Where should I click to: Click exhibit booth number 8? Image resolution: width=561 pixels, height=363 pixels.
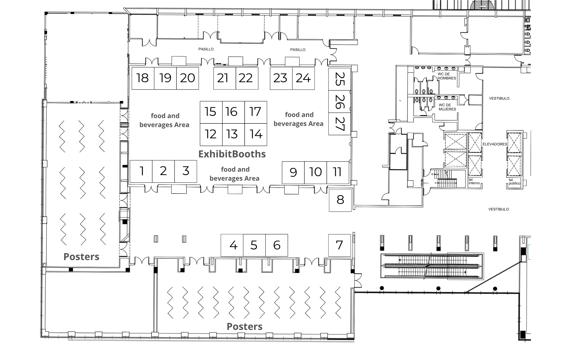pos(340,200)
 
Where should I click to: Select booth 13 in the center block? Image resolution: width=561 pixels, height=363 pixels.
pos(233,135)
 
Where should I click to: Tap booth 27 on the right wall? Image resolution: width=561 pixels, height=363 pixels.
pos(340,124)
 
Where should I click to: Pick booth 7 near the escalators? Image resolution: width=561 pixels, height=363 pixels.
pos(340,245)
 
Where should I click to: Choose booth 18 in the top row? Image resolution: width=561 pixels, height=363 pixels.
pos(143,78)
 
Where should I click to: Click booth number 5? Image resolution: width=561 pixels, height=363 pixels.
pos(254,245)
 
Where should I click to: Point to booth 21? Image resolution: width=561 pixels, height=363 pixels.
pos(225,78)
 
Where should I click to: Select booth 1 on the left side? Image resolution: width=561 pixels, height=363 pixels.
pos(141,171)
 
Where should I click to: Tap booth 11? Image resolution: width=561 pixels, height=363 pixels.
pos(338,173)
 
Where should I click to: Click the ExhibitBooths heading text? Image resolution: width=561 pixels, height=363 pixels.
pos(232,154)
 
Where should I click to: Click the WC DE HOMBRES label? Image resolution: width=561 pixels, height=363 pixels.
pos(447,76)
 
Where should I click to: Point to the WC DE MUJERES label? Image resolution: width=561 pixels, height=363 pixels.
pos(447,107)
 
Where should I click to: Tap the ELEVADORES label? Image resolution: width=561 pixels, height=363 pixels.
pos(495,144)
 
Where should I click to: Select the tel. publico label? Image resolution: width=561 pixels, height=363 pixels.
pos(514,181)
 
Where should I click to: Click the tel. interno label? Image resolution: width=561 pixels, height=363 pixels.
pos(474,181)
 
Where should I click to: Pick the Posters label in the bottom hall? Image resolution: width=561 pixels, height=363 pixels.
pos(245,327)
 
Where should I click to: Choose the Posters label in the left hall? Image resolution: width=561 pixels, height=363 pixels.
pos(81,257)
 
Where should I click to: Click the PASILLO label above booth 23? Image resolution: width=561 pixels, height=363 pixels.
pos(298,50)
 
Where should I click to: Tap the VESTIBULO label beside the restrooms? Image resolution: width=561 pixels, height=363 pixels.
pos(499,98)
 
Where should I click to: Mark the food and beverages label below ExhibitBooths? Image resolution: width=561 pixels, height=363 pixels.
pos(235,174)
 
